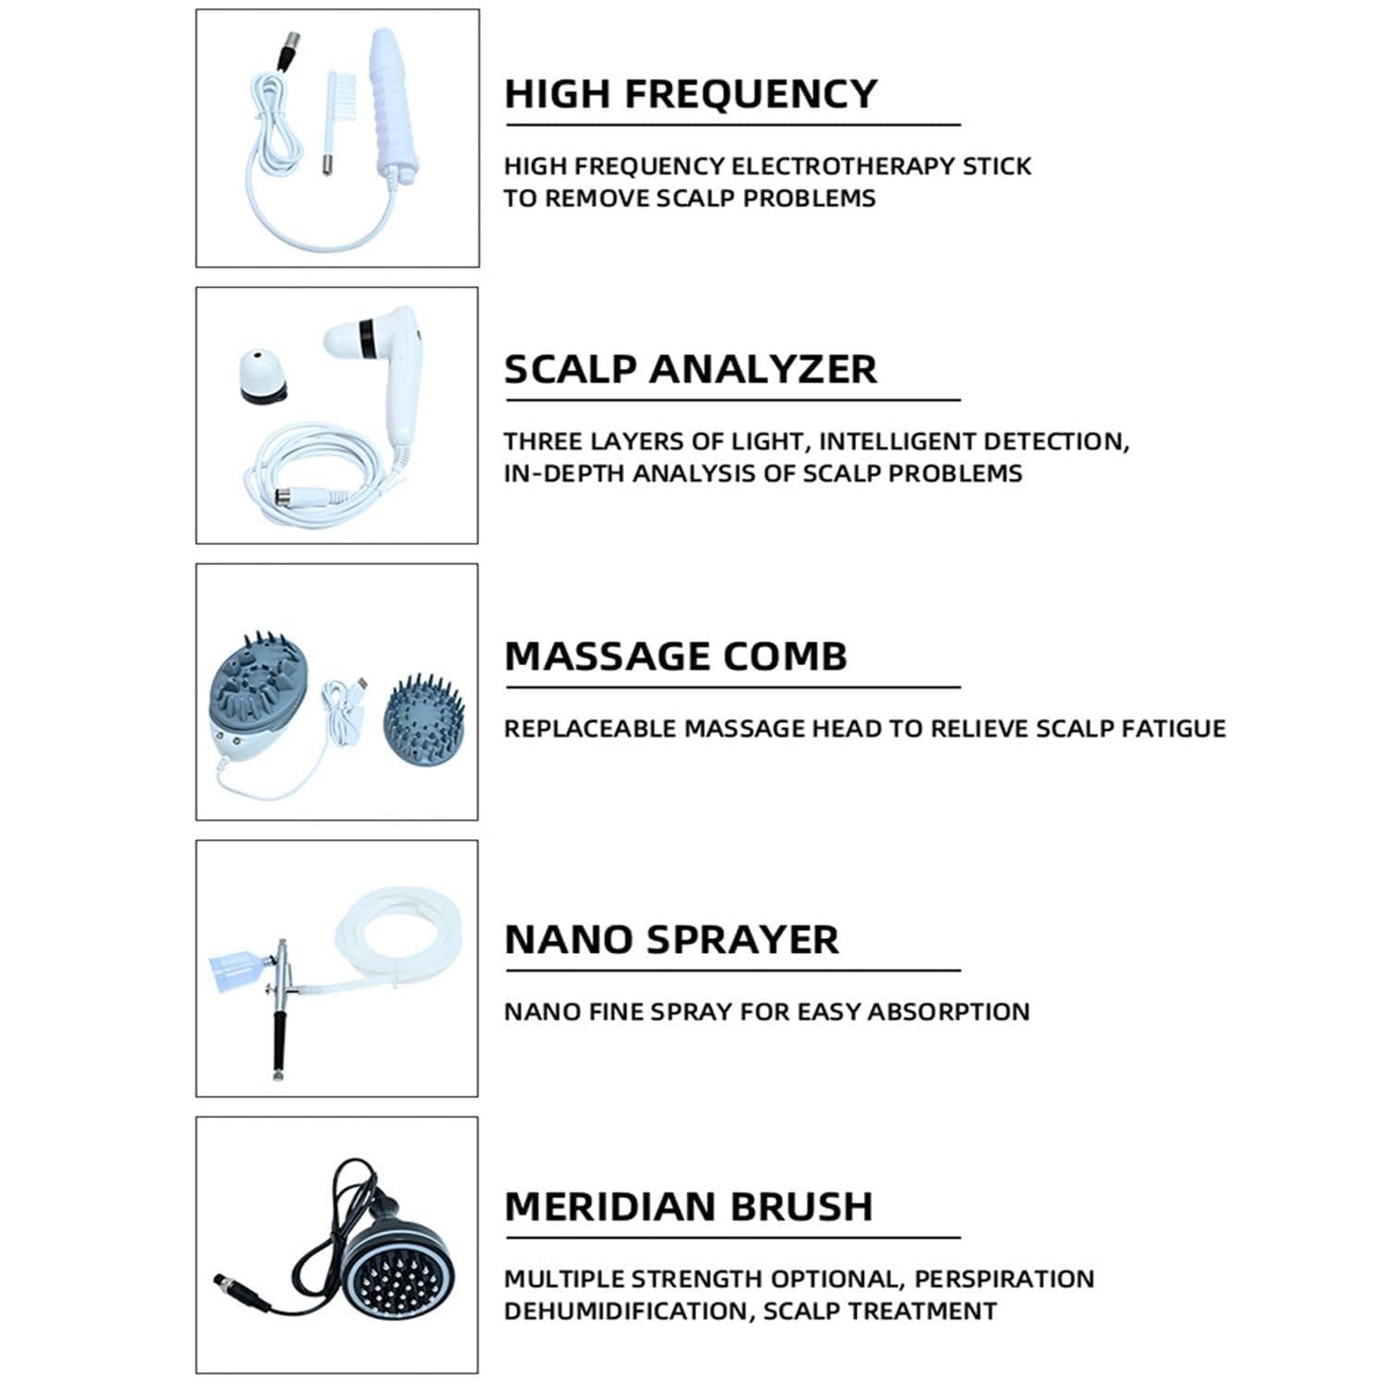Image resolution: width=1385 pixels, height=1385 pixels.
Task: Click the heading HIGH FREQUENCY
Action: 690,94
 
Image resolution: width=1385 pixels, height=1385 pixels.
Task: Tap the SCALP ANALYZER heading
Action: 690,369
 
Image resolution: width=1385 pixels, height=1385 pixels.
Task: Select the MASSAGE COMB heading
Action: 675,656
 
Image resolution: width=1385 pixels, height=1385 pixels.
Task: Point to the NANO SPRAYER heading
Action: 671,940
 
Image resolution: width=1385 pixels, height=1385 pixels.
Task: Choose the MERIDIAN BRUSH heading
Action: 688,1207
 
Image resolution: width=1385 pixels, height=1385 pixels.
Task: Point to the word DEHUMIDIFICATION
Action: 628,1311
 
